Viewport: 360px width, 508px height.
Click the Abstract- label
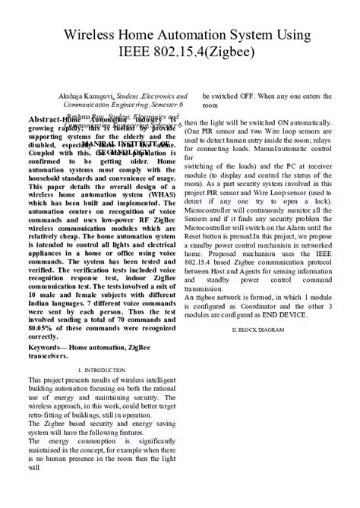(45, 120)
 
